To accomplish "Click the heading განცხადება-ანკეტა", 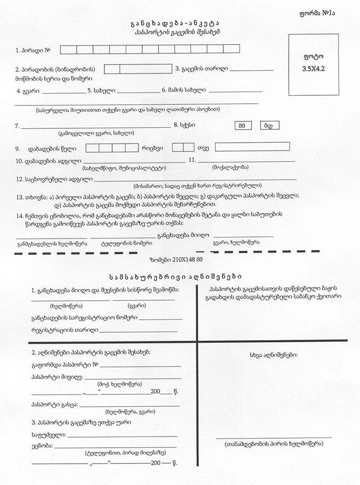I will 175,24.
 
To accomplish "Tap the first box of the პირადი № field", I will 67,50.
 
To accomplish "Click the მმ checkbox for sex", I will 242,126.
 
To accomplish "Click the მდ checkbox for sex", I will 269,126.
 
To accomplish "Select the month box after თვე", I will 252,146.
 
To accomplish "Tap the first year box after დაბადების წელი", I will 91,147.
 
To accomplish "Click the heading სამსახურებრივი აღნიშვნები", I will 175,277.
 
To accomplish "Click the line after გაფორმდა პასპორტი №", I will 141,366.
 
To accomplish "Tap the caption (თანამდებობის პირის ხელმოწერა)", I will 273,444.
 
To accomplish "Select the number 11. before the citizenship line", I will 192,160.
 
